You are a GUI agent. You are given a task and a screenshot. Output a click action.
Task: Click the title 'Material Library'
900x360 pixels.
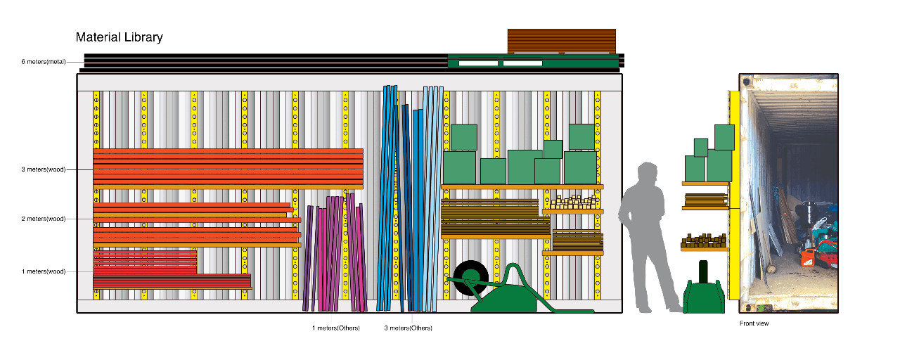[119, 37]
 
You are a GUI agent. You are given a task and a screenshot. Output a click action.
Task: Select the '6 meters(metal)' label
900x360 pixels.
[43, 62]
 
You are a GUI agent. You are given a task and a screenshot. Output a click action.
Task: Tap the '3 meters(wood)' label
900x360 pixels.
[43, 169]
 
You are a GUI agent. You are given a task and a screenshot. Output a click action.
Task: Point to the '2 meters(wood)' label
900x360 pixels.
[43, 219]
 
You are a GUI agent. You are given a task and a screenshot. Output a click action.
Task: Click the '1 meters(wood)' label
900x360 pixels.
[43, 271]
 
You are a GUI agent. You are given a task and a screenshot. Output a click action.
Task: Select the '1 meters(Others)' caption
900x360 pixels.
[335, 328]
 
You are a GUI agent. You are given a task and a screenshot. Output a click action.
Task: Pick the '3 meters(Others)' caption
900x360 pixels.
[408, 328]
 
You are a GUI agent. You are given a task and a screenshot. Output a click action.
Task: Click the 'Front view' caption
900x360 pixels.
[754, 323]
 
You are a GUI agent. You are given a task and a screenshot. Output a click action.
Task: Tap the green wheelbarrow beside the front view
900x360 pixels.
[703, 292]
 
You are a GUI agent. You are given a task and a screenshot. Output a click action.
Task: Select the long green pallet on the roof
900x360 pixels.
[533, 62]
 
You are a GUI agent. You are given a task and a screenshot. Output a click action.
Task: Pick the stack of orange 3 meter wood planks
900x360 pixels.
[228, 167]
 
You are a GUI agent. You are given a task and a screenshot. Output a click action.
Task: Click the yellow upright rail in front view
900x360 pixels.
[735, 197]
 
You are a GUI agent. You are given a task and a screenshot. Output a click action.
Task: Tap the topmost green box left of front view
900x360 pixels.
[724, 136]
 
